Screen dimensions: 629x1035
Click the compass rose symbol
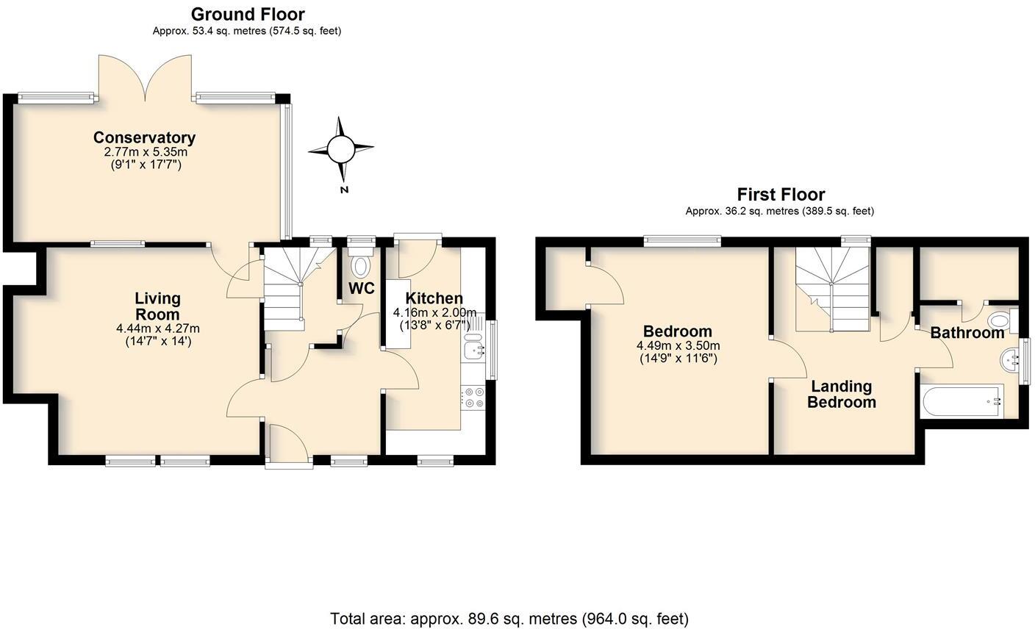340,150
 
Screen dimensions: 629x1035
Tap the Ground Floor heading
247,14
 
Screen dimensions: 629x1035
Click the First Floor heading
781,195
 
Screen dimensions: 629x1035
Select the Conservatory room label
144,137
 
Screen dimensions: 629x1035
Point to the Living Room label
157,306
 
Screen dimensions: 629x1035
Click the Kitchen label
434,298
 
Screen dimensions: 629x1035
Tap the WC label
361,289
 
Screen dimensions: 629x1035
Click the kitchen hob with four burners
473,398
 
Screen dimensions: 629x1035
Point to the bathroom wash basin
1011,360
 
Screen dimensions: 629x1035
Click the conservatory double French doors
145,78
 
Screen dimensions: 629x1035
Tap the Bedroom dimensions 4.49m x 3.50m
677,346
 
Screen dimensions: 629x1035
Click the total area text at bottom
509,619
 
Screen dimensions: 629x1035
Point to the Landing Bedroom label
841,395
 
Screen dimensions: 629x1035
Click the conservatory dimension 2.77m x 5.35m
145,152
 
